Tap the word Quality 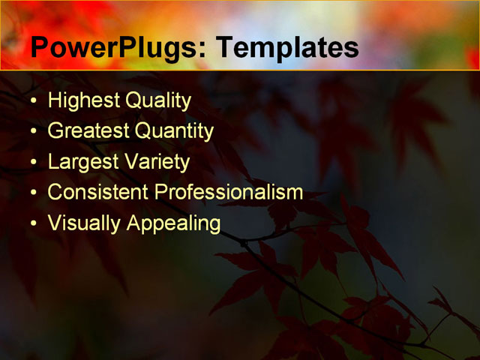click(x=158, y=100)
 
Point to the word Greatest click(x=88, y=131)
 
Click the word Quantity click(x=175, y=131)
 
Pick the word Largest click(x=80, y=162)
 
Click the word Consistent click(x=98, y=192)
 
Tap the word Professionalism click(x=229, y=192)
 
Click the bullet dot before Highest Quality click(x=32, y=101)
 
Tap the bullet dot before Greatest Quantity click(x=32, y=132)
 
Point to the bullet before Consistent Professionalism click(x=32, y=193)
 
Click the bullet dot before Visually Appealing click(x=32, y=223)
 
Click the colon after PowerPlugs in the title click(x=202, y=51)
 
